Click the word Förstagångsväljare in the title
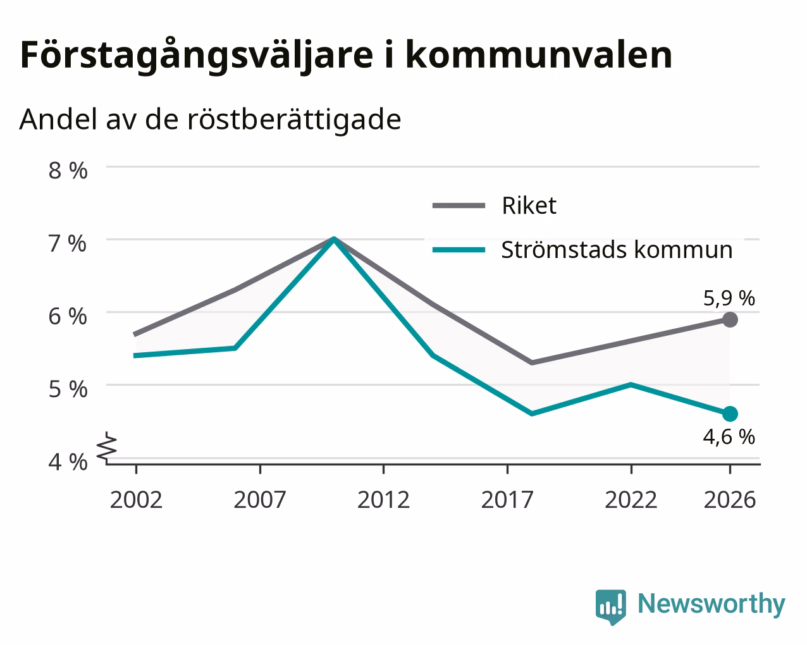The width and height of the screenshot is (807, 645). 197,56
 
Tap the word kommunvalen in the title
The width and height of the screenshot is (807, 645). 539,55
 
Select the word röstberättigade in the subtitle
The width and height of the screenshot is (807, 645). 294,120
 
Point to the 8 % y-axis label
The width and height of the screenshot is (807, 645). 68,171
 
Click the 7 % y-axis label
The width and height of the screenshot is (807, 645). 68,243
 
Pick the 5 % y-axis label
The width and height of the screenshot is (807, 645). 68,390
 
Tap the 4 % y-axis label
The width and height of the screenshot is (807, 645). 68,462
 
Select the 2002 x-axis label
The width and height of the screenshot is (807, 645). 136,500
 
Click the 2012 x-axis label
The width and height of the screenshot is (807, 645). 383,500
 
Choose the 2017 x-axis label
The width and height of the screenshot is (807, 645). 507,500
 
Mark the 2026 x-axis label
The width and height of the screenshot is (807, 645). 730,500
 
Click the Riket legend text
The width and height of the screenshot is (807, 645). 529,206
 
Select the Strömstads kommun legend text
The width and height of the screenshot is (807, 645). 617,250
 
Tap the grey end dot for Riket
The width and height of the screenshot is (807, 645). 730,319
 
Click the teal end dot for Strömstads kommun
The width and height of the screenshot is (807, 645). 730,414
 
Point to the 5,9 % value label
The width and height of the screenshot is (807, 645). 729,298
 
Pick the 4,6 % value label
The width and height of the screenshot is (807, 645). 729,437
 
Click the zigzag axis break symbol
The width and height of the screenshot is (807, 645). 107,446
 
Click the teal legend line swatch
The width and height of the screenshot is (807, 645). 459,250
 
